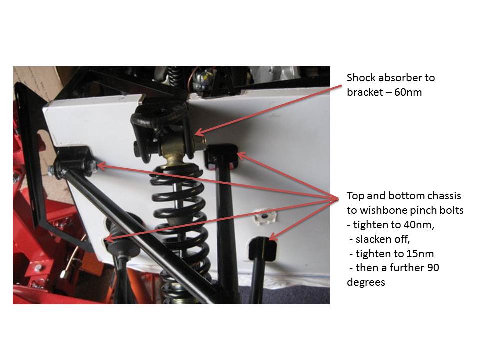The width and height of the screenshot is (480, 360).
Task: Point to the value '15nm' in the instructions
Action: (422, 254)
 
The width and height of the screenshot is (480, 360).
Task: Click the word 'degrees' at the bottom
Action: (366, 282)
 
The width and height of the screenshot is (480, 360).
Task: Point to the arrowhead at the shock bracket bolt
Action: (198, 133)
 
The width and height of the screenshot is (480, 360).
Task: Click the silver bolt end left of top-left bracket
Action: (51, 171)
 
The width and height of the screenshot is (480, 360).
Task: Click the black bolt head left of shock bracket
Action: (138, 148)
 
